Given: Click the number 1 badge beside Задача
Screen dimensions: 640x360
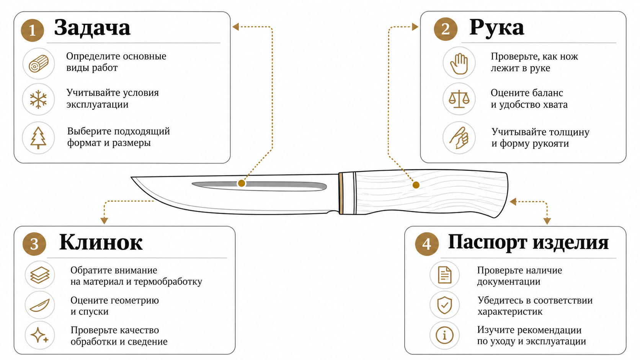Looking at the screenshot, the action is pyautogui.click(x=32, y=30).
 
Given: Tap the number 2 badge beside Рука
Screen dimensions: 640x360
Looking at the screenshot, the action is pyautogui.click(x=446, y=29).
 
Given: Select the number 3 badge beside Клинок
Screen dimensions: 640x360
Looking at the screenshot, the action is pyautogui.click(x=34, y=244).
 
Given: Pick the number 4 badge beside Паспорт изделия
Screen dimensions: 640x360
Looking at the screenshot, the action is pyautogui.click(x=426, y=244).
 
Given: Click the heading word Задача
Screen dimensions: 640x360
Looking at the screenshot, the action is pyautogui.click(x=92, y=28).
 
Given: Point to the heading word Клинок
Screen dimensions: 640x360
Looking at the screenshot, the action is pyautogui.click(x=101, y=243).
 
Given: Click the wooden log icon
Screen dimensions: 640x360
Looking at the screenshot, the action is pyautogui.click(x=39, y=64).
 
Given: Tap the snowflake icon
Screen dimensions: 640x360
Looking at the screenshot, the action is pyautogui.click(x=38, y=99).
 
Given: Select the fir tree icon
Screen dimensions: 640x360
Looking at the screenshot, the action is pyautogui.click(x=38, y=138).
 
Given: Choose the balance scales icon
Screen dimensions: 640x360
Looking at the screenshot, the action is pyautogui.click(x=459, y=99).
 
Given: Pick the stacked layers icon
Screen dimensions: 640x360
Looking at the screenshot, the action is pyautogui.click(x=40, y=275).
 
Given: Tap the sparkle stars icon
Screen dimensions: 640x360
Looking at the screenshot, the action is pyautogui.click(x=39, y=335).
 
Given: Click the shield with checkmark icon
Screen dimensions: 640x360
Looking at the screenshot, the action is pyautogui.click(x=444, y=305).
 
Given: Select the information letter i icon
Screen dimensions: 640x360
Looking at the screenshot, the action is pyautogui.click(x=444, y=335).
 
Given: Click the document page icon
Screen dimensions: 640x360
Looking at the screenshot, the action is pyautogui.click(x=444, y=275).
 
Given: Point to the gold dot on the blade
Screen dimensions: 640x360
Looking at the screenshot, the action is pyautogui.click(x=242, y=183).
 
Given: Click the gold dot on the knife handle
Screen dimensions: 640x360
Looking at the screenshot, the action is pyautogui.click(x=416, y=185).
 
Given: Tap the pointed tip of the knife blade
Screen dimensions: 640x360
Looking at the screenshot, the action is pyautogui.click(x=131, y=177).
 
